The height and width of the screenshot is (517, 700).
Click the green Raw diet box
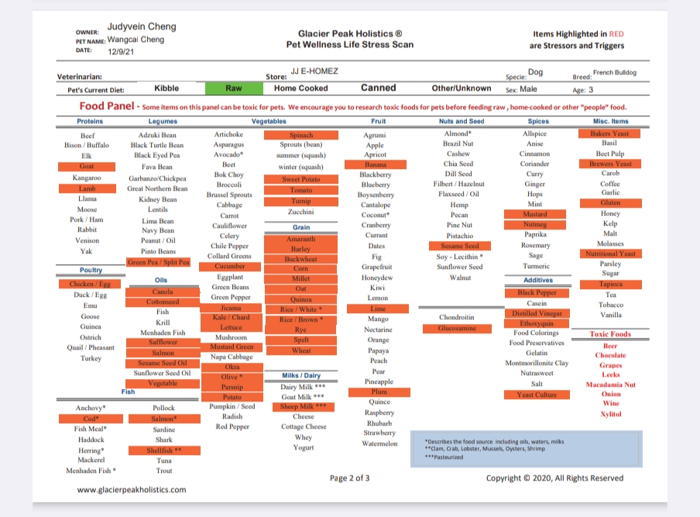(234, 88)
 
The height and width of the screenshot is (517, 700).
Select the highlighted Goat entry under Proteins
(87, 166)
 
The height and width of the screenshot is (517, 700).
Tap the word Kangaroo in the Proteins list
(87, 178)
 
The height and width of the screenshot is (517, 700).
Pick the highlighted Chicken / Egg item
(90, 284)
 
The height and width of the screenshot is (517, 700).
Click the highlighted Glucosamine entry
(457, 329)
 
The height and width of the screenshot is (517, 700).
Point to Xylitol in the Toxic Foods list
(611, 414)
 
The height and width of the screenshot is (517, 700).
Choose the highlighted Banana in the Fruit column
(376, 164)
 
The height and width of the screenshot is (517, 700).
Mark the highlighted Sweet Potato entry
(301, 179)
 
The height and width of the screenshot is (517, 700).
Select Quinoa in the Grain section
(301, 299)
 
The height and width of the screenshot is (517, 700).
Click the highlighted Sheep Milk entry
(303, 407)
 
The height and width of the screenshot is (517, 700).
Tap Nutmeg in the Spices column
(535, 224)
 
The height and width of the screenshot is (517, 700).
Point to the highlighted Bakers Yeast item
(609, 133)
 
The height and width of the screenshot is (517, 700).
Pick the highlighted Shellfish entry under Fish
(164, 450)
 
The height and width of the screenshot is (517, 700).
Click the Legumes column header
(163, 121)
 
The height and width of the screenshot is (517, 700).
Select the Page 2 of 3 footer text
(349, 478)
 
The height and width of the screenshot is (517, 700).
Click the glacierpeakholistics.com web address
(132, 490)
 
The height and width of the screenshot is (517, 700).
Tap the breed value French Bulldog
(615, 72)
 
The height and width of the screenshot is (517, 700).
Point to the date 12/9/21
(121, 51)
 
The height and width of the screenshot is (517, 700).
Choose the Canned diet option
(378, 88)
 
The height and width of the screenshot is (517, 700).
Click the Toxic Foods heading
(610, 334)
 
